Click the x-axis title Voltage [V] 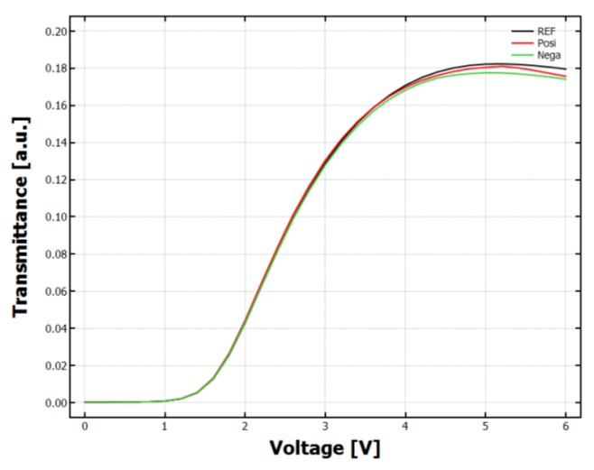tap(324, 447)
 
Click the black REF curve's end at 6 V tap(565, 69)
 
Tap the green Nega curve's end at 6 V tap(565, 79)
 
